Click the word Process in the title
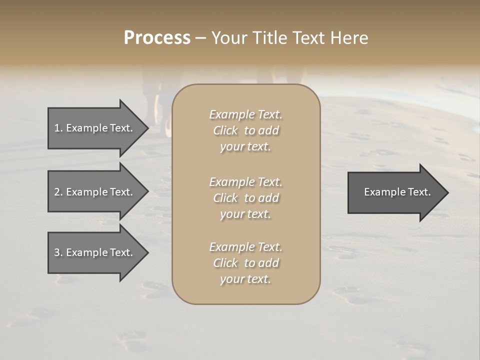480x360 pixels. (157, 38)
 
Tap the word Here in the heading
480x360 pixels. (348, 38)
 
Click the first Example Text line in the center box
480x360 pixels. (245, 114)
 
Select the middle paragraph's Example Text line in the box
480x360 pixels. (245, 182)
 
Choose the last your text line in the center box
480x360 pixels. (245, 279)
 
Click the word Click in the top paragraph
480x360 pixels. (225, 130)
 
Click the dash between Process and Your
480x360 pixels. (200, 38)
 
